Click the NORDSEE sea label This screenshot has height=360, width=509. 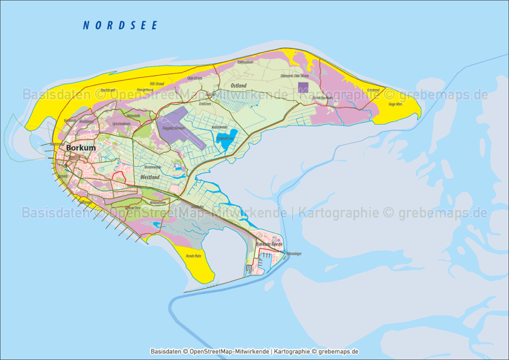(x=120, y=25)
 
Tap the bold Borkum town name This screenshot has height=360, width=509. (x=81, y=148)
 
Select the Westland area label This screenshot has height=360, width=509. (x=150, y=177)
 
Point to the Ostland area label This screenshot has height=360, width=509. (x=239, y=86)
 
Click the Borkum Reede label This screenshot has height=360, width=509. (x=269, y=245)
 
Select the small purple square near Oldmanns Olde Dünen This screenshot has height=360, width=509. (x=303, y=88)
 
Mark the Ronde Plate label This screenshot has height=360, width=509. (x=193, y=256)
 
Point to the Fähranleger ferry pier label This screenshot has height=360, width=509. (x=294, y=254)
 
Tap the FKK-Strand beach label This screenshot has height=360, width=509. (x=157, y=84)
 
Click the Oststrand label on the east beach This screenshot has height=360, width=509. (x=373, y=90)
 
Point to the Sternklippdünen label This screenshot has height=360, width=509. (x=322, y=98)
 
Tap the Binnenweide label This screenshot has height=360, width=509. (x=151, y=168)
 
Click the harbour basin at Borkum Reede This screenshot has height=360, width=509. (x=263, y=261)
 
